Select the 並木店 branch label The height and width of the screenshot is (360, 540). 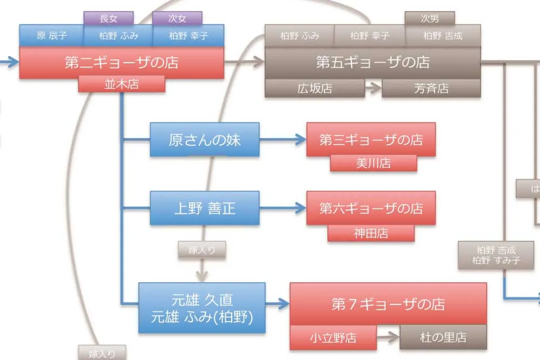(122, 84)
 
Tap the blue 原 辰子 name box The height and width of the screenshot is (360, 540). (51, 36)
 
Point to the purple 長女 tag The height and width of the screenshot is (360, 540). (109, 18)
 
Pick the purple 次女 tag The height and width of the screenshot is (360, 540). (177, 18)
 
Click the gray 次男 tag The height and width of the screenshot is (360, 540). (430, 18)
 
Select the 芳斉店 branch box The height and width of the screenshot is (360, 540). (431, 89)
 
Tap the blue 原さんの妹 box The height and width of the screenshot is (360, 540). (205, 140)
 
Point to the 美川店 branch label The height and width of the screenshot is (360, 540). (373, 163)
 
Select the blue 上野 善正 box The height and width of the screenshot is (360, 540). (205, 208)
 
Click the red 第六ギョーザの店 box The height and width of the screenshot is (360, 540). (372, 208)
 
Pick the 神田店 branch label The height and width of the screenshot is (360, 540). (371, 233)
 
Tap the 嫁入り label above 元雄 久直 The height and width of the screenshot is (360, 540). (201, 249)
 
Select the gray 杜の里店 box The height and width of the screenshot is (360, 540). (443, 338)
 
